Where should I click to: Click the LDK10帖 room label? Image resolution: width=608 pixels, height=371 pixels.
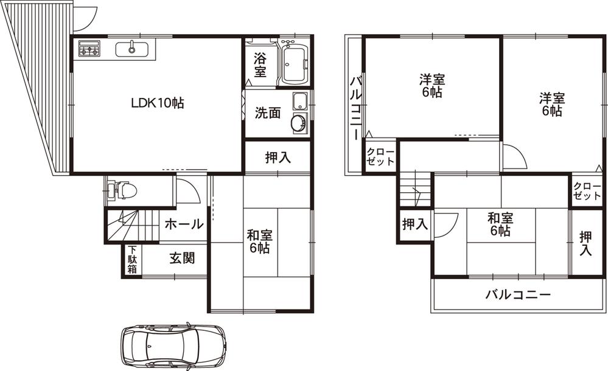click(158, 103)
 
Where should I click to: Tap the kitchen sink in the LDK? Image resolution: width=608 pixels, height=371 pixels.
click(132, 49)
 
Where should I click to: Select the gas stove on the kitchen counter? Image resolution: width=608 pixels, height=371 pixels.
click(89, 49)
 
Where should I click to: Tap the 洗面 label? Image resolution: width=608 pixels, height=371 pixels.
click(268, 113)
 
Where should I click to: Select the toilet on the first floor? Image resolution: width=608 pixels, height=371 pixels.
click(124, 191)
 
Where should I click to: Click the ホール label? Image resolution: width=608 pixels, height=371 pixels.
click(183, 224)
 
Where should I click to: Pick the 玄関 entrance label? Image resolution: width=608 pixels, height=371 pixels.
click(182, 258)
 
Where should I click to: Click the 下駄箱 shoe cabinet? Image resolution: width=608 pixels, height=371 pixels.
click(132, 260)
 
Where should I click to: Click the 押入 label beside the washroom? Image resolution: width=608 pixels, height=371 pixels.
click(278, 158)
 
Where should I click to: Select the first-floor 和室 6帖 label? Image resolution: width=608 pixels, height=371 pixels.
click(259, 241)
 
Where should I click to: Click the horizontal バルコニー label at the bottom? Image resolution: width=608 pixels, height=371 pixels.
click(518, 296)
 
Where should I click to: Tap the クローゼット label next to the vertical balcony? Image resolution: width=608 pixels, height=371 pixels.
click(381, 157)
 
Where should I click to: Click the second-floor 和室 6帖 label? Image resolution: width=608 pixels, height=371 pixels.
click(499, 224)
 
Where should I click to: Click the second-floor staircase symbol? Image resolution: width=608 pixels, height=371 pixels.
click(416, 189)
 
